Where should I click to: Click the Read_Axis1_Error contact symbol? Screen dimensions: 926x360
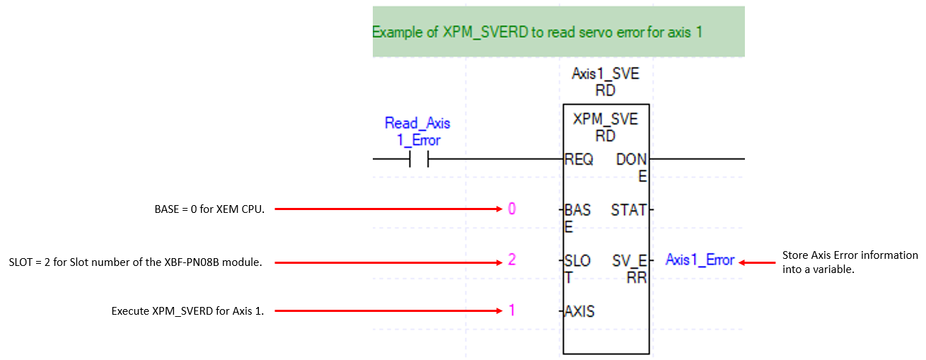[419, 158]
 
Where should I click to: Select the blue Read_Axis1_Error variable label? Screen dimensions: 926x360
[417, 132]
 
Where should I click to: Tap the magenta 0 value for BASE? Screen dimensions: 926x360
[511, 209]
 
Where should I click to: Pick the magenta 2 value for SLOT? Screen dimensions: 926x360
[511, 260]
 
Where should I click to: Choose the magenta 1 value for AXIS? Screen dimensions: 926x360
[512, 310]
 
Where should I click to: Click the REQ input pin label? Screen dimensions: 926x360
[579, 159]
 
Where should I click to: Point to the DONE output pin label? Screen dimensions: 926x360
[631, 168]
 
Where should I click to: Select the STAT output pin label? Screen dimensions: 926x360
[628, 210]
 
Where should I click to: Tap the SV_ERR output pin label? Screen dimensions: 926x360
[630, 269]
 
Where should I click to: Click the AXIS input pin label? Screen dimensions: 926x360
[579, 311]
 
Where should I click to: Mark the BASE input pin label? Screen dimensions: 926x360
[577, 219]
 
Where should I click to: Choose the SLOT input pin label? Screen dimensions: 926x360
[577, 269]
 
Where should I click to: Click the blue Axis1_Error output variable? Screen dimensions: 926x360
[700, 260]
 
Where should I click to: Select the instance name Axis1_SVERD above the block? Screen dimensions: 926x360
[606, 82]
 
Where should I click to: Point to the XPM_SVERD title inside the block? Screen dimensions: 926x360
[606, 127]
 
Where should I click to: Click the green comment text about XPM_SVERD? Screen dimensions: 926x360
[538, 33]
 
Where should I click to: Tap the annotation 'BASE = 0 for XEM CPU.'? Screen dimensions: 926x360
[209, 209]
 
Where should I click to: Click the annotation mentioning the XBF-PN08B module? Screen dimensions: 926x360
[136, 262]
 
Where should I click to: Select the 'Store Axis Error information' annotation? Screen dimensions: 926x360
[850, 262]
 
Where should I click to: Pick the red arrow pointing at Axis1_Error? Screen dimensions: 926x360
[757, 262]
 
